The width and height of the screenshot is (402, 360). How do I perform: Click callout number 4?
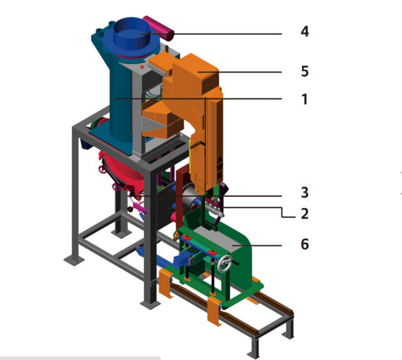click(x=304, y=32)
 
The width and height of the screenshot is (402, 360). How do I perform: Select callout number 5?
click(x=304, y=71)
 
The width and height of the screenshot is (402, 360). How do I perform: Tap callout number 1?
click(x=304, y=99)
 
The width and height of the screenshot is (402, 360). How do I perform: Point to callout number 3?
click(x=304, y=192)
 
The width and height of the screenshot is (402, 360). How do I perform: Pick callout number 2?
click(x=304, y=214)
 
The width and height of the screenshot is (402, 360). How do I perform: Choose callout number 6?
click(x=304, y=244)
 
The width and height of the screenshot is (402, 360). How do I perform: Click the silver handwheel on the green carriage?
click(x=225, y=264)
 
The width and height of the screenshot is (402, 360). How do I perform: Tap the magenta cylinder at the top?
click(x=159, y=28)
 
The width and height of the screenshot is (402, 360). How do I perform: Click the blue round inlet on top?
click(x=132, y=33)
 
